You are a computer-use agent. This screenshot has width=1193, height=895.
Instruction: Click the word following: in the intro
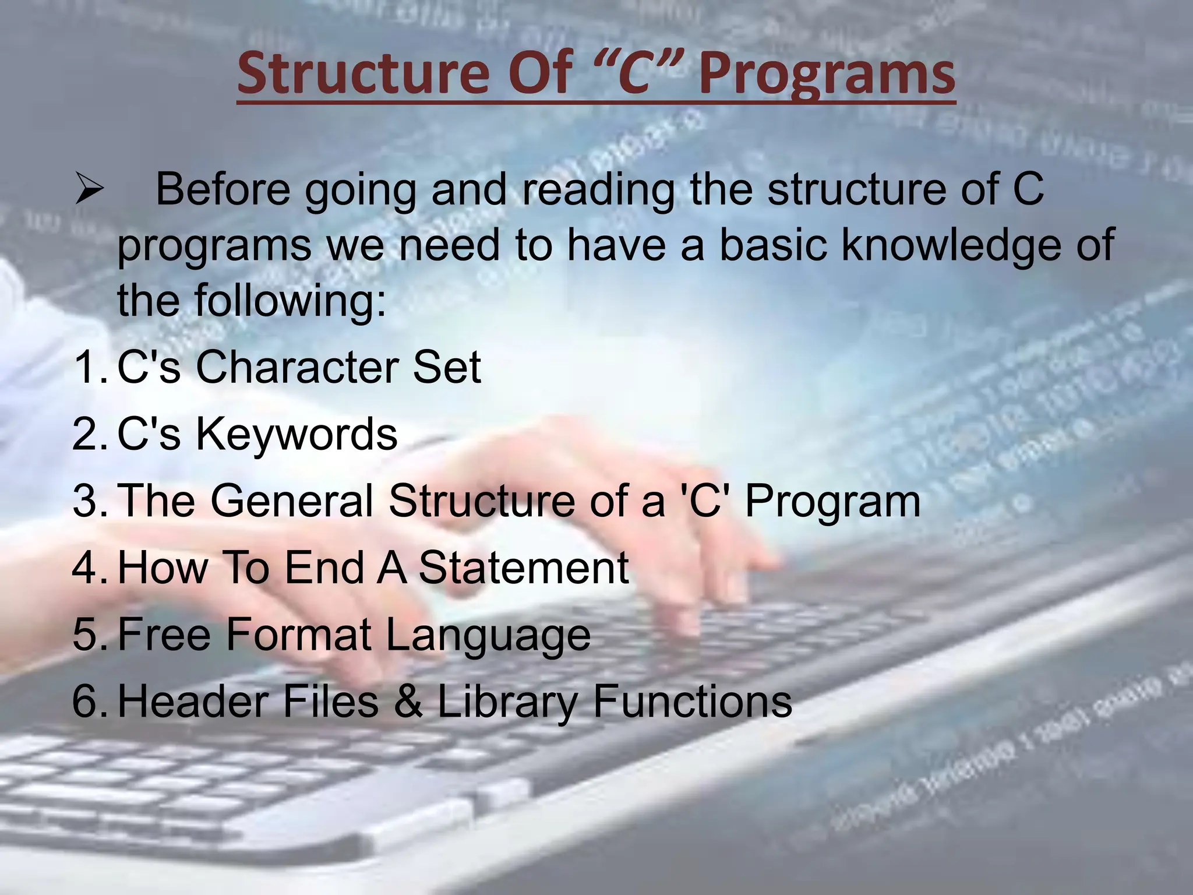290,300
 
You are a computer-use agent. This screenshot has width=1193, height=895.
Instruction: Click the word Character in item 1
297,367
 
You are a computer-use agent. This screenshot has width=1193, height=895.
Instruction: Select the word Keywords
296,435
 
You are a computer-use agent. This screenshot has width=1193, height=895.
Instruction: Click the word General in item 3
291,501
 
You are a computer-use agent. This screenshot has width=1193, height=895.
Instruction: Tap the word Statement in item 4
523,568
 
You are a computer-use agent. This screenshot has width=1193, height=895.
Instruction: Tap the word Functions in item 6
692,702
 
